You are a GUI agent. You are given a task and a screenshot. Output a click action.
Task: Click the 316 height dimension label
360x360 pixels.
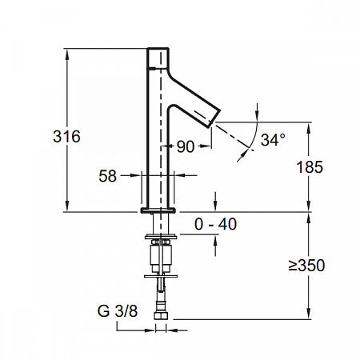coord(66,136)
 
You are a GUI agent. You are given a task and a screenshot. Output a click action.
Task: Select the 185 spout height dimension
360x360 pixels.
coord(310,167)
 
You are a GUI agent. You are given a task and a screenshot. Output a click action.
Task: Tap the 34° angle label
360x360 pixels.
coord(273,140)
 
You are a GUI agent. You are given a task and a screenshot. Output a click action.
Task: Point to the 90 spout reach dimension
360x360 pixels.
coord(186,146)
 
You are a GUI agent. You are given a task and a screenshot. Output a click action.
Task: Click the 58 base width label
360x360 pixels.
coord(108,176)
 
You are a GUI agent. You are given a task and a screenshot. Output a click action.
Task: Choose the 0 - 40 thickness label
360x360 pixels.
coord(215,224)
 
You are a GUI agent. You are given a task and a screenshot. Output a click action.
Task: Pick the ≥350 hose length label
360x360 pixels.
coord(306,265)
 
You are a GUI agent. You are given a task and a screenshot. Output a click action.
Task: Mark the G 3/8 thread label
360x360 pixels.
coord(118,311)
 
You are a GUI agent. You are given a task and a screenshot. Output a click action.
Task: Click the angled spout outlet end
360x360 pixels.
coord(214,118)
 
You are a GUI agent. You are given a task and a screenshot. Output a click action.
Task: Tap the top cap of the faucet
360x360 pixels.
coord(158,58)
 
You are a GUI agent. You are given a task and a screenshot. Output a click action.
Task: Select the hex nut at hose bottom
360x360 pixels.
coord(161,316)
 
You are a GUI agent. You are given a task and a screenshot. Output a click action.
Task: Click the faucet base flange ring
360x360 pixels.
coord(158,210)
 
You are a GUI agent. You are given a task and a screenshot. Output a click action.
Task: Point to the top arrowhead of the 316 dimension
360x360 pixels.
coord(67,54)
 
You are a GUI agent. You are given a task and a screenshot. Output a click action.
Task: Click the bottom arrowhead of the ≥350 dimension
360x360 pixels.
coord(309,314)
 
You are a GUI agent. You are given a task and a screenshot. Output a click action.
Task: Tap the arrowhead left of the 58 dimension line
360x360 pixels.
coord(135,175)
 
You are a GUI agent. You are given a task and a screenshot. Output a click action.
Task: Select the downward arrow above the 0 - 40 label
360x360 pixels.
coord(215,201)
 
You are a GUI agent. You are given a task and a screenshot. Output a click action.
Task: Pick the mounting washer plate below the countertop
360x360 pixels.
coord(161,237)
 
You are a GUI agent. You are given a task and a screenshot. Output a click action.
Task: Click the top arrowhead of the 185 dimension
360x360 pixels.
coord(309,128)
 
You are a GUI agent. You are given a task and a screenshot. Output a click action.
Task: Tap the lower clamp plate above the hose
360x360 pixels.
coord(161,276)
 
